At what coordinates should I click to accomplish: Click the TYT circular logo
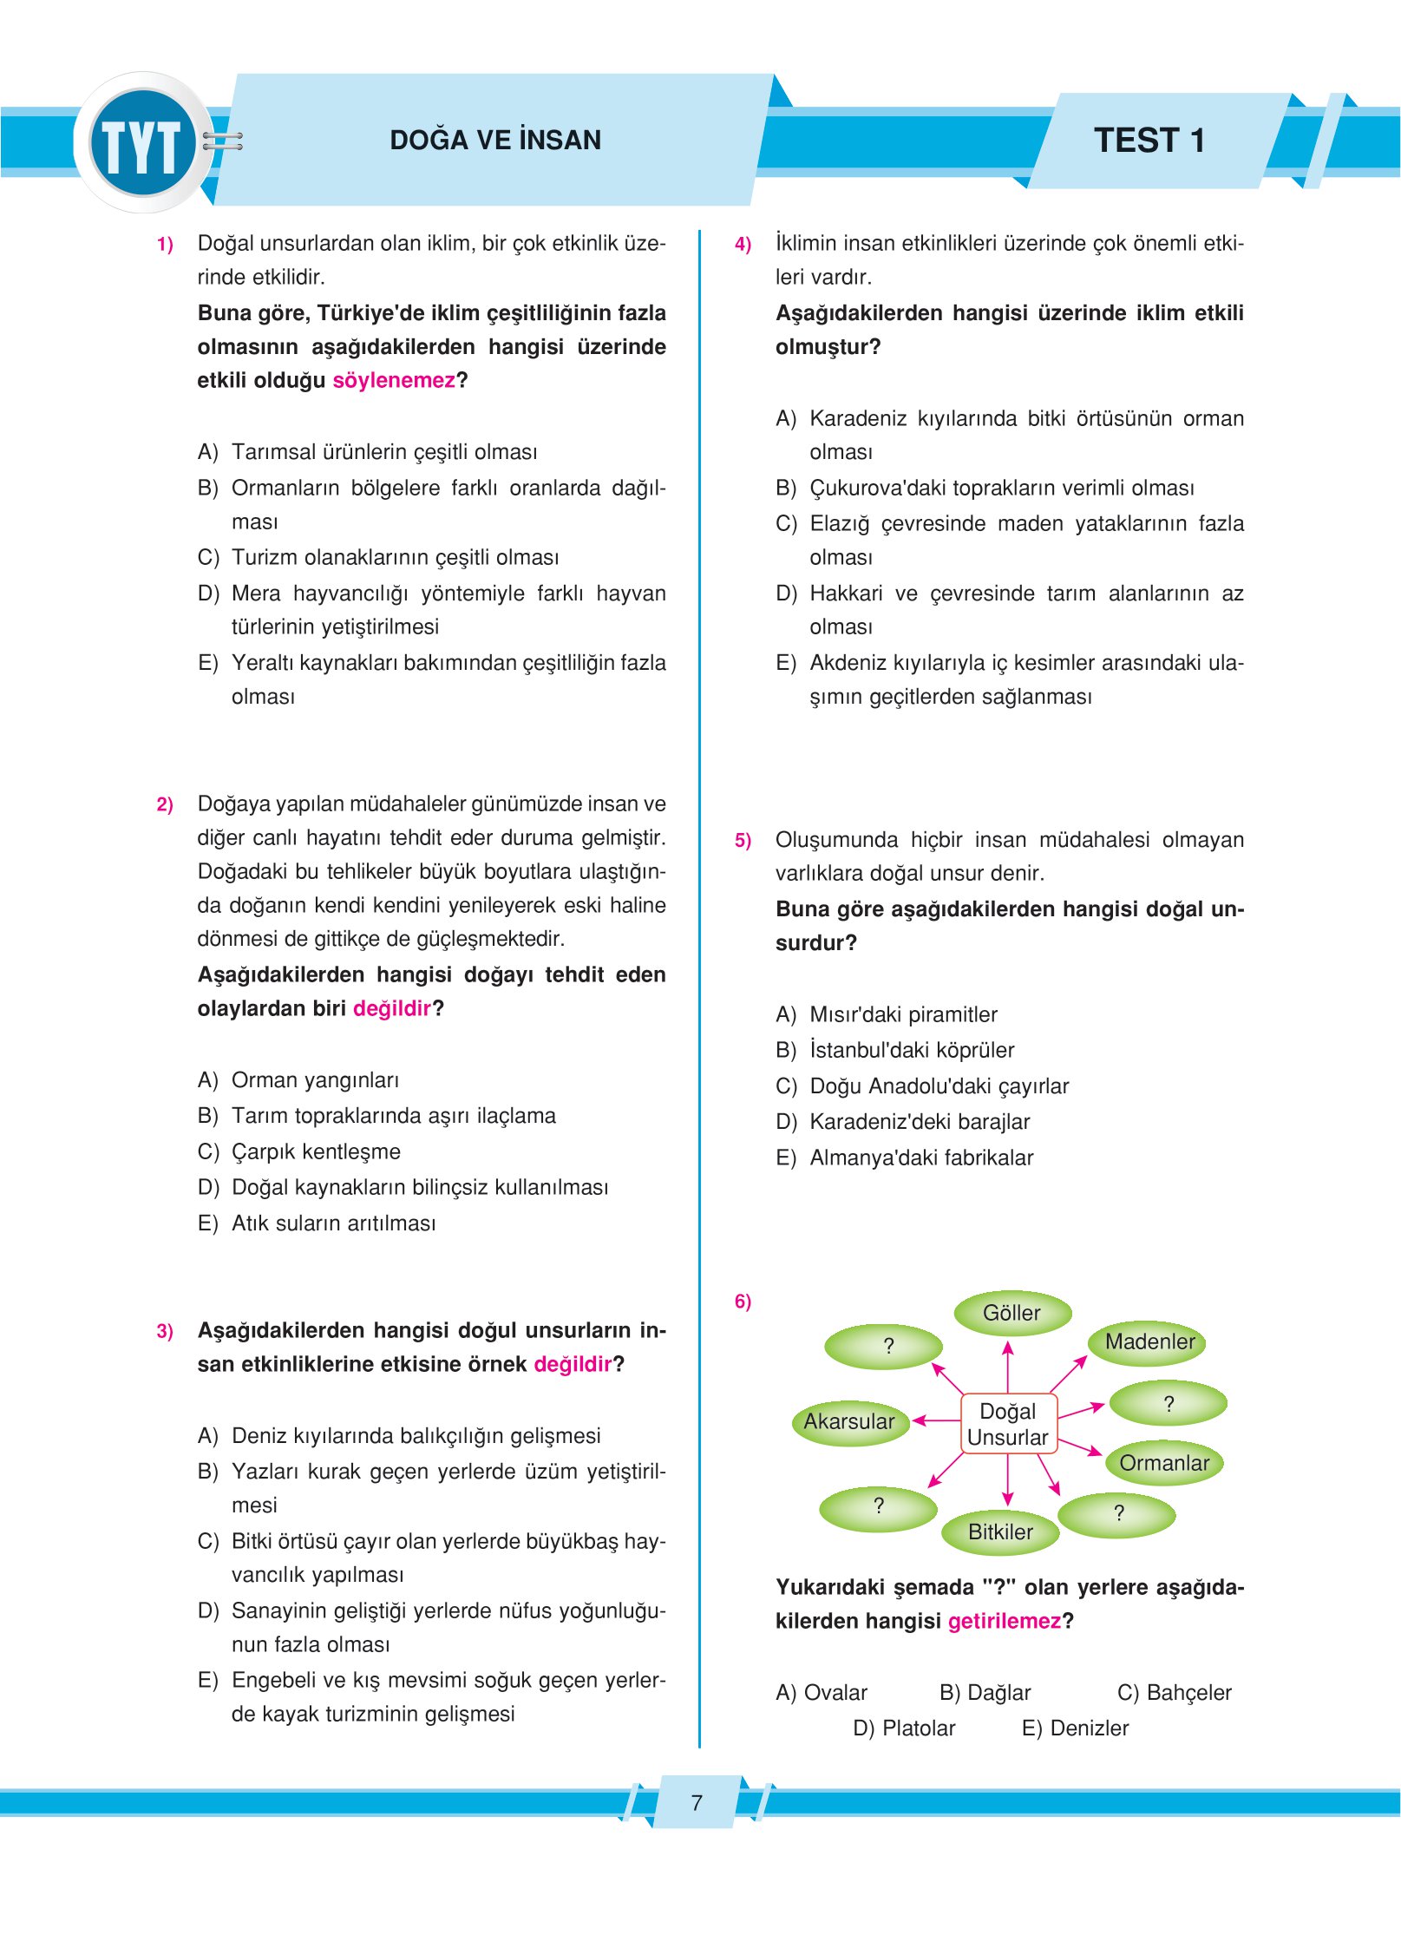(142, 142)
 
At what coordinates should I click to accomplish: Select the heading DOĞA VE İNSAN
(494, 140)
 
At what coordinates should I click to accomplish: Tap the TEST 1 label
(1149, 141)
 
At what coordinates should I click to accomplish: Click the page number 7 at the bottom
(696, 1802)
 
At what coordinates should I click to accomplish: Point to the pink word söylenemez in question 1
(394, 380)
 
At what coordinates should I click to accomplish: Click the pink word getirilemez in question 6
(1005, 1621)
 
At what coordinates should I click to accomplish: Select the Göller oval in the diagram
(1011, 1313)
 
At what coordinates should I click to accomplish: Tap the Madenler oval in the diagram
(1149, 1342)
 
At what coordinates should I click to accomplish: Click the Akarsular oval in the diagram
(848, 1421)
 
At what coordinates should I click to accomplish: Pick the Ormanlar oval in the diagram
(1163, 1463)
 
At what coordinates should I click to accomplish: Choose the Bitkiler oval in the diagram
(1000, 1532)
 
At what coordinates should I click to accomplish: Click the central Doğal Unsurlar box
(1007, 1424)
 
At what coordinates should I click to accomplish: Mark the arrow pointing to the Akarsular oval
(936, 1420)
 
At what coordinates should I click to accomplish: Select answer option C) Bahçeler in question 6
(1174, 1692)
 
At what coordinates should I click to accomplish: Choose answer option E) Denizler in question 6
(1075, 1728)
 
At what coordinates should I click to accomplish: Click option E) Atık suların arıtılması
(317, 1223)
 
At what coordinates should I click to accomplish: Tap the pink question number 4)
(743, 244)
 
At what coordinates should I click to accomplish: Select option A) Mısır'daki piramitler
(887, 1014)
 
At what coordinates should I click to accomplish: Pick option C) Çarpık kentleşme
(299, 1151)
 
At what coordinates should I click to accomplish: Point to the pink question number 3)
(165, 1331)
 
